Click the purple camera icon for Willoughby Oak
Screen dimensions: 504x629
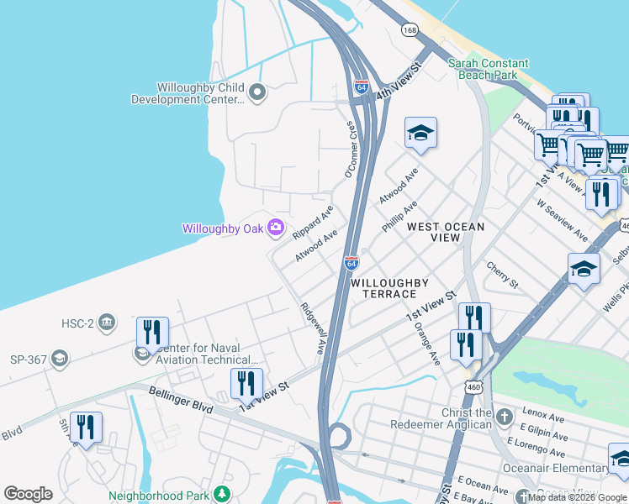[275, 228]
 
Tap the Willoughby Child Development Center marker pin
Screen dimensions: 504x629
[257, 92]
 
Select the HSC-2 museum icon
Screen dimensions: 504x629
[106, 321]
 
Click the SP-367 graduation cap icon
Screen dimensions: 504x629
[59, 360]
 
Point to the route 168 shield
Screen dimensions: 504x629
[410, 30]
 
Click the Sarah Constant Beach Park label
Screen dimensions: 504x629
[488, 69]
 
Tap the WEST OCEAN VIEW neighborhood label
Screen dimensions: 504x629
[446, 233]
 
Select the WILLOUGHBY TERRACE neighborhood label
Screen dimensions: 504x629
[383, 288]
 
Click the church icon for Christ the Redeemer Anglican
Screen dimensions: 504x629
[503, 417]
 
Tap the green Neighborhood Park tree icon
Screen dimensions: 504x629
[221, 493]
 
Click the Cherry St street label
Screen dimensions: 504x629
[502, 274]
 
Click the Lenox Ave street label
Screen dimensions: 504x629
[545, 415]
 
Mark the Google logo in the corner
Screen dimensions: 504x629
[29, 494]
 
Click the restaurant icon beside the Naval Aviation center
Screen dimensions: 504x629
[152, 333]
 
